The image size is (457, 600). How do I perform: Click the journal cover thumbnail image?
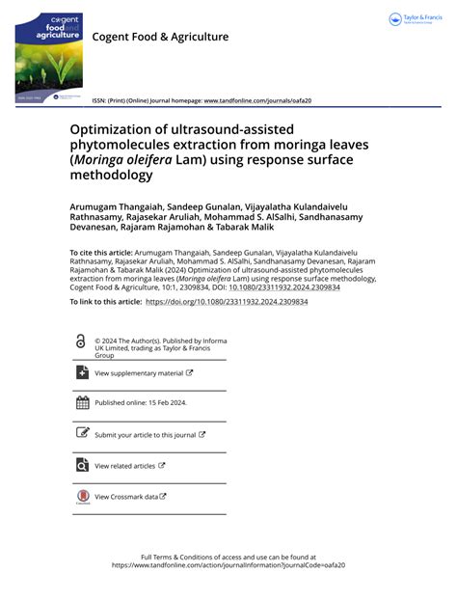[46, 58]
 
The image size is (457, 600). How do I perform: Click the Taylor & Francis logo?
[417, 19]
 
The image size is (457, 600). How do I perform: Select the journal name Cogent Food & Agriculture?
[160, 37]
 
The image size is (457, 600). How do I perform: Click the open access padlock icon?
[80, 341]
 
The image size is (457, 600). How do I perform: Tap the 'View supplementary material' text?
[139, 373]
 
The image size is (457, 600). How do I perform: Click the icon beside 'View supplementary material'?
[81, 373]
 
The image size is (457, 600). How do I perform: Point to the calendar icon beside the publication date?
[81, 403]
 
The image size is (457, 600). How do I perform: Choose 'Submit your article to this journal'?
[146, 435]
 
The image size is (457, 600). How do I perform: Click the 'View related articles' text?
[125, 466]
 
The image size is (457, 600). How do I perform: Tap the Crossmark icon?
[81, 497]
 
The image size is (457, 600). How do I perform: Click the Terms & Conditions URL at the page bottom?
[228, 565]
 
